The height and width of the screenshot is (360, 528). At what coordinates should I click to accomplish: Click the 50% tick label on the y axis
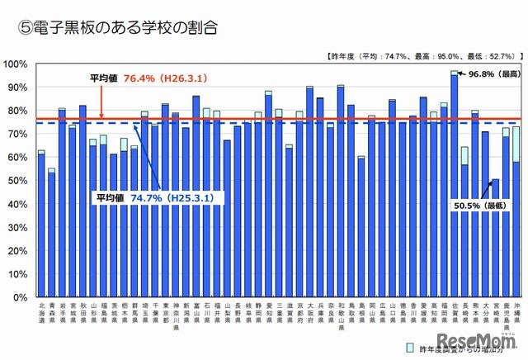[18, 180]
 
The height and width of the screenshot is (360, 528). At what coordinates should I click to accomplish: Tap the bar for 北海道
[41, 224]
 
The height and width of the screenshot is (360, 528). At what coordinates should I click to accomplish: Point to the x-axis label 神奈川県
[175, 315]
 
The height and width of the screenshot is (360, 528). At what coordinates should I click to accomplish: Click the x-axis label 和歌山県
[340, 315]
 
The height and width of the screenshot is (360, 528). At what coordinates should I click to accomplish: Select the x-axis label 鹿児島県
[506, 315]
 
